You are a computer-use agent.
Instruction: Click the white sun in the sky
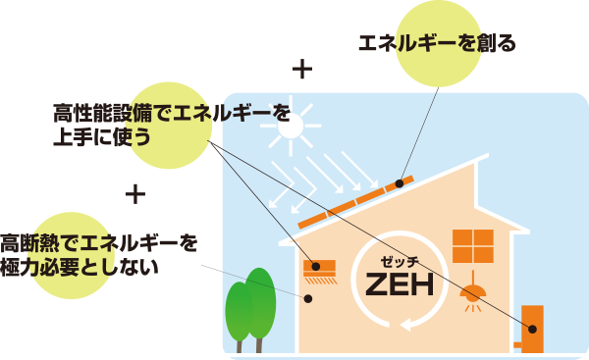[x=291, y=125]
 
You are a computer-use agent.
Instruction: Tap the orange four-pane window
[x=472, y=245]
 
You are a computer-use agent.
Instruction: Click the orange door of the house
[x=532, y=328]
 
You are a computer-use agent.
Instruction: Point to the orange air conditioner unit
[x=320, y=267]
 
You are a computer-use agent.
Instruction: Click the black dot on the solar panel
[x=400, y=183]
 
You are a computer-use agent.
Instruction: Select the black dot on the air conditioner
[x=316, y=265]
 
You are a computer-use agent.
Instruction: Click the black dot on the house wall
[x=307, y=298]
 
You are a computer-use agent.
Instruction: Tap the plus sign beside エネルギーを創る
[x=302, y=70]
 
